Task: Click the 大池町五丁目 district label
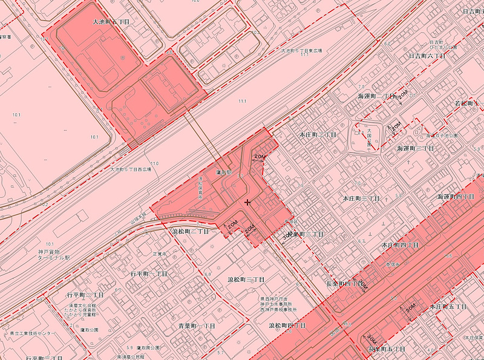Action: [111, 21]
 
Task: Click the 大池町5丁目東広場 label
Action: [302, 51]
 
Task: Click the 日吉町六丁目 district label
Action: [427, 56]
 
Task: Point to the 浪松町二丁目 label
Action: [191, 232]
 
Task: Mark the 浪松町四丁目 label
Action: [287, 326]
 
